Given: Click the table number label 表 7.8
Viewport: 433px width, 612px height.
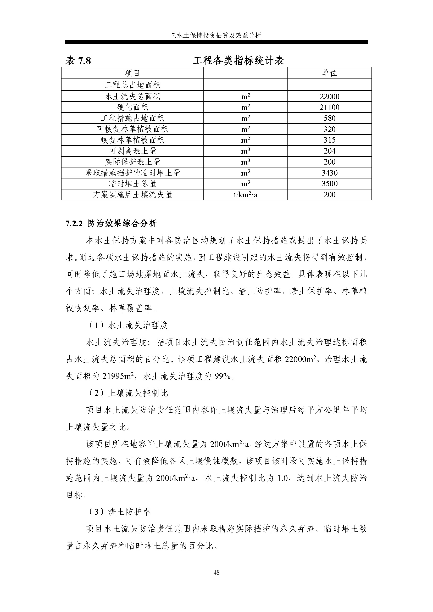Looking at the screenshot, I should (x=78, y=61).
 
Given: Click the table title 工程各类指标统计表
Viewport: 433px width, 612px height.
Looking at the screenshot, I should (x=238, y=61).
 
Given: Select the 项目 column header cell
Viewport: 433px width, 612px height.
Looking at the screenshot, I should (x=132, y=73).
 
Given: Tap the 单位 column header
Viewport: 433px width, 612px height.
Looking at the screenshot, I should (x=330, y=73).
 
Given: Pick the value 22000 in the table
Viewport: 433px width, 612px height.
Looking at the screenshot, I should (x=330, y=97).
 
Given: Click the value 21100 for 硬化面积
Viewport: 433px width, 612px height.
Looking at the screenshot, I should (x=330, y=108).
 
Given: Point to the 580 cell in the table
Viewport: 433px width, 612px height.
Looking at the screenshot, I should (x=330, y=118).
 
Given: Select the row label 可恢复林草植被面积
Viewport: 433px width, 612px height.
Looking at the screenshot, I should (x=132, y=129).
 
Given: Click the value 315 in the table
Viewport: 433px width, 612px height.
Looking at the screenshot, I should (x=330, y=140).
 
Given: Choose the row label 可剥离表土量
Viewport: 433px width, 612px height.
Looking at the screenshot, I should (x=132, y=151).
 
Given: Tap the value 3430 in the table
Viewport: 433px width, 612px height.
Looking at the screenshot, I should (x=330, y=173).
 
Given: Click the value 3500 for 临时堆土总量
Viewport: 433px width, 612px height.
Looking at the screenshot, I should (x=330, y=184).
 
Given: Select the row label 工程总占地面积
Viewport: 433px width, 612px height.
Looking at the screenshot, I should (x=132, y=85).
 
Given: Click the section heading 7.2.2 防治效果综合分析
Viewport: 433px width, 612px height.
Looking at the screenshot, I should (x=111, y=223).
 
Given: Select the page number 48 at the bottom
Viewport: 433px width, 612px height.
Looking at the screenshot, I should (x=216, y=572).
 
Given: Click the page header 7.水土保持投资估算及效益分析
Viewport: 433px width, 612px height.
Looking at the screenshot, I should (x=216, y=35).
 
